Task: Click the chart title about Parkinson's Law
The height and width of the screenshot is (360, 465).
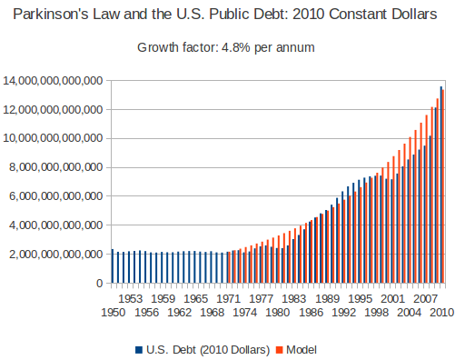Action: point(232,16)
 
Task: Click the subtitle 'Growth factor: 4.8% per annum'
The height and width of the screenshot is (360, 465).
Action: point(226,47)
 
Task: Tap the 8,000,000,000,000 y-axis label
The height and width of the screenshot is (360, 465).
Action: point(56,167)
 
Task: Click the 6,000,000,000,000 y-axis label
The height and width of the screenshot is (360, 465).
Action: point(56,196)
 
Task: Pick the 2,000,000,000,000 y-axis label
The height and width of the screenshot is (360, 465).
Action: point(56,255)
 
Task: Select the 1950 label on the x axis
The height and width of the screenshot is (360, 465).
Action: point(114,313)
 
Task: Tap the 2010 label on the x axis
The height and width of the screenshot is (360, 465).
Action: point(441,313)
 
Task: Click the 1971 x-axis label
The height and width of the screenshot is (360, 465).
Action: point(228,298)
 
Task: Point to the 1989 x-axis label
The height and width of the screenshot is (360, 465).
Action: point(327,298)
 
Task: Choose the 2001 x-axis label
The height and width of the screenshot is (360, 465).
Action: point(392,298)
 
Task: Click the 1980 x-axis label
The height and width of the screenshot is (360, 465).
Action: point(277,313)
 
